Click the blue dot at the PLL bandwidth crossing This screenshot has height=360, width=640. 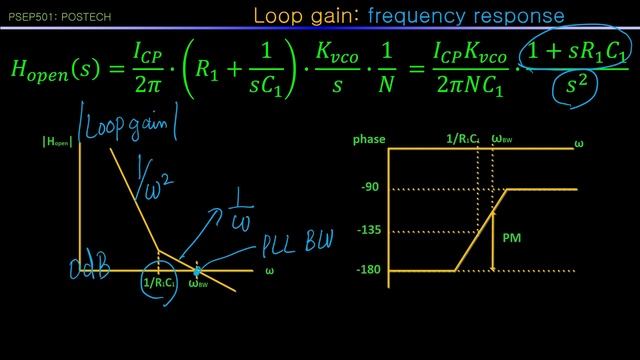point(198,270)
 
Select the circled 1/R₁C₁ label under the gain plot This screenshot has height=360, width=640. point(159,282)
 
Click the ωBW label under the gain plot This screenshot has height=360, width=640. point(199,284)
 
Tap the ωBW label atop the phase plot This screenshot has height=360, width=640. point(503,140)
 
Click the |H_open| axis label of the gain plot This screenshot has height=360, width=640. point(57,140)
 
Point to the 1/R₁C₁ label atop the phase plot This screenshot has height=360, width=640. point(463,140)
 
